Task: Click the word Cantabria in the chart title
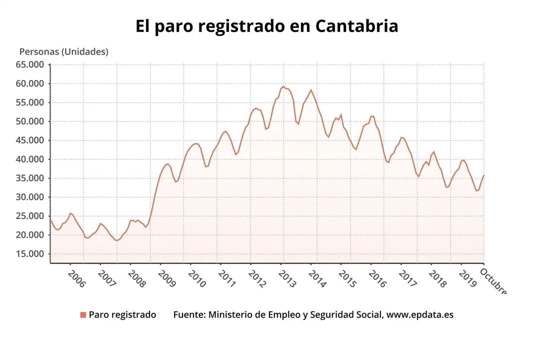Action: pyautogui.click(x=356, y=26)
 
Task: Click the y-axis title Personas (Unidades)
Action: pyautogui.click(x=63, y=51)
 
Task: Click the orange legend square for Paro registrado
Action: pyautogui.click(x=83, y=314)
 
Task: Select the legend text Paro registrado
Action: pyautogui.click(x=122, y=314)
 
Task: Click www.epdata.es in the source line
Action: pyautogui.click(x=420, y=314)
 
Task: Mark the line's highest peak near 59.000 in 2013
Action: pyautogui.click(x=283, y=86)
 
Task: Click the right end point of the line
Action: pyautogui.click(x=483, y=175)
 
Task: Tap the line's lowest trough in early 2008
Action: pyautogui.click(x=116, y=240)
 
